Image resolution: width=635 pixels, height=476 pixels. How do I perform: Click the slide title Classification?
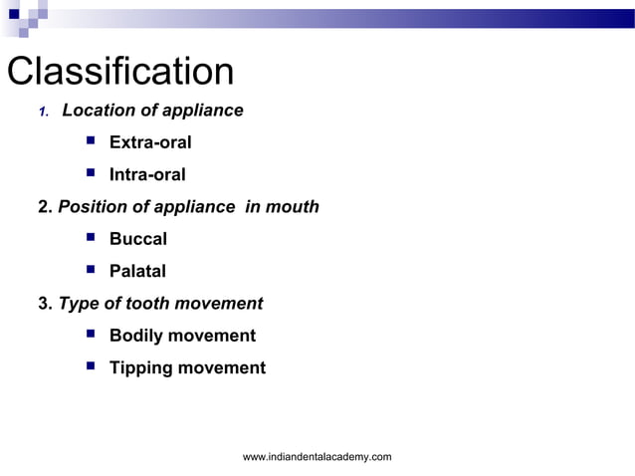120,72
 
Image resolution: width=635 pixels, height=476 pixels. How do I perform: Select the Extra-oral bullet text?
150,142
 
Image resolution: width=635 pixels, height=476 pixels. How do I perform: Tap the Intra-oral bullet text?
147,174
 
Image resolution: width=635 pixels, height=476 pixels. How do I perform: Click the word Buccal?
137,239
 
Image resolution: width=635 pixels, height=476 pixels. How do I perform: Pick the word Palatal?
137,271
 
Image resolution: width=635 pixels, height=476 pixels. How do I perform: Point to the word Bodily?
135,336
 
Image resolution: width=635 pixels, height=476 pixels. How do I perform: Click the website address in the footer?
317,456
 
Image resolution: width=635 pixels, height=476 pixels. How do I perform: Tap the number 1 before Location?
43,112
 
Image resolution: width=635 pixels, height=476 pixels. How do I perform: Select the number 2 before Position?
44,207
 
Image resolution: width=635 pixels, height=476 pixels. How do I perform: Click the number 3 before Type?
44,304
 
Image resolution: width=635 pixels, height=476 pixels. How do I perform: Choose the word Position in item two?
93,207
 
